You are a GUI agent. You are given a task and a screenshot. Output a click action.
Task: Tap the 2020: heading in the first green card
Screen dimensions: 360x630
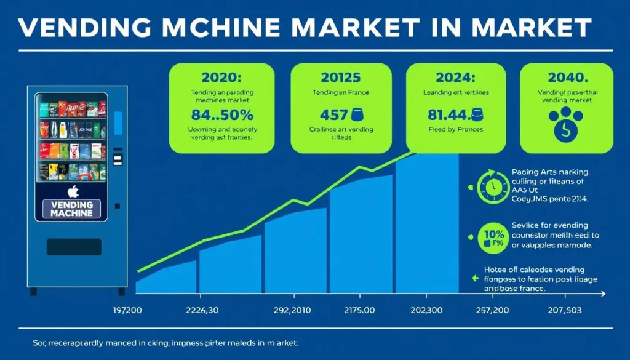point(221,78)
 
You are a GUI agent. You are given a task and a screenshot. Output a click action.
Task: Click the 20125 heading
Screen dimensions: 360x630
point(341,78)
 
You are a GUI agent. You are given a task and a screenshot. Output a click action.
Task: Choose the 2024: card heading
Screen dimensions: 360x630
point(456,78)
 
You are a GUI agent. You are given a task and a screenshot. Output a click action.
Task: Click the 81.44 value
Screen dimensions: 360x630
point(447,114)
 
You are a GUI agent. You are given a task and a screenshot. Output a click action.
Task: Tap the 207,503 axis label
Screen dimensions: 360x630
point(565,309)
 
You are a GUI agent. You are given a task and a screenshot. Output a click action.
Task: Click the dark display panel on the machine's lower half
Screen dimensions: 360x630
point(73,247)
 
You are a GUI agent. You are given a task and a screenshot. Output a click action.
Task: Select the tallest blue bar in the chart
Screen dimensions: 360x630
point(428,228)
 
